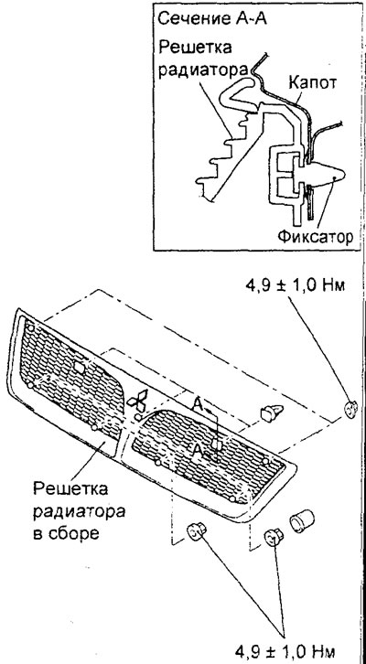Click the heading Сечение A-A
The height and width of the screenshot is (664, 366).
pos(211,18)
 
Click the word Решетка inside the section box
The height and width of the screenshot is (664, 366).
pos(195,47)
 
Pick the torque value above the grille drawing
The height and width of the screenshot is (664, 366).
pos(296,284)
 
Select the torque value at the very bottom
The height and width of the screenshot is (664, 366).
pos(285,650)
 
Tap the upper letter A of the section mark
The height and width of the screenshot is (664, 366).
pos(197,405)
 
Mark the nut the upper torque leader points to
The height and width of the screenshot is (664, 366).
pos(350,409)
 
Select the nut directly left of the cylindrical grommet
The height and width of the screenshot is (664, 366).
pos(274,537)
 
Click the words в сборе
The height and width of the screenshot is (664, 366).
pos(66,533)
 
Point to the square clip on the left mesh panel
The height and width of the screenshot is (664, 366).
pos(80,367)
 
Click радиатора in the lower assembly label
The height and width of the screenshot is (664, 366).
pos(79,511)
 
